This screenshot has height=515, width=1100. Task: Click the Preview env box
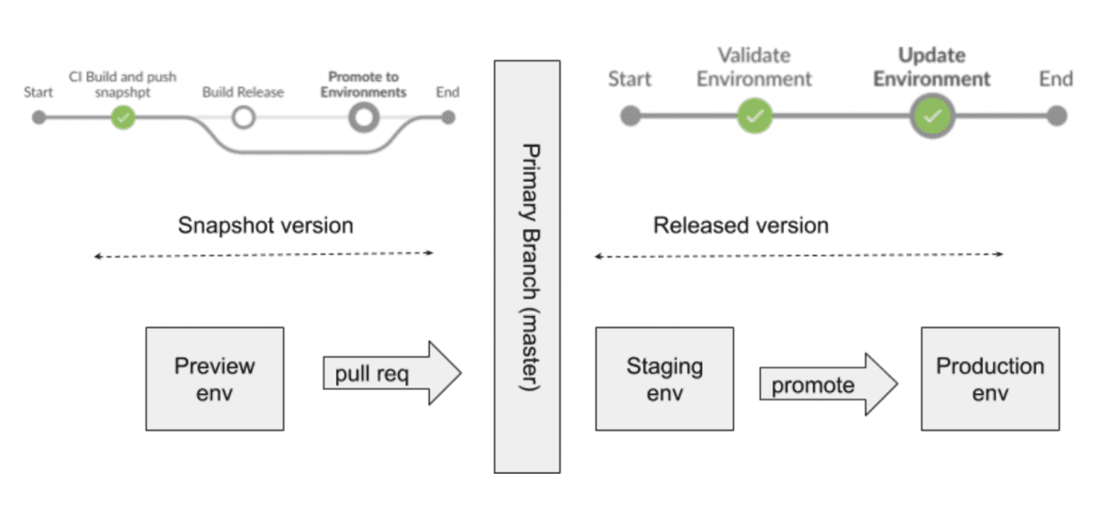tap(214, 378)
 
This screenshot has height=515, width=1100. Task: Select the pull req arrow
tap(390, 374)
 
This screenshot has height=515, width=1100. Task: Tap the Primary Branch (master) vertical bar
tap(526, 266)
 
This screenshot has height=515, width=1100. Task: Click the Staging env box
tap(665, 378)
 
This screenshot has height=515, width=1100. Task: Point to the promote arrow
tap(826, 384)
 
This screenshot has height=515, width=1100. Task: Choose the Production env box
tap(990, 378)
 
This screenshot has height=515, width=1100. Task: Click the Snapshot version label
tap(265, 225)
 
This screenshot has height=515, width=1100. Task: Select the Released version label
tap(741, 225)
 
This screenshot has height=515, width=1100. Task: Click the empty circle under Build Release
tap(243, 117)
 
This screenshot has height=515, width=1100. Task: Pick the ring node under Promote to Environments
tap(364, 117)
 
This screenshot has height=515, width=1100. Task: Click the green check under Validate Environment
tap(754, 116)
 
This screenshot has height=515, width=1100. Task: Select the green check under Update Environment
tap(932, 116)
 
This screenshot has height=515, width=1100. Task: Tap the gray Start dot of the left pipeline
tap(38, 117)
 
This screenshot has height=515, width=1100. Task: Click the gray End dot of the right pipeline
tap(1057, 116)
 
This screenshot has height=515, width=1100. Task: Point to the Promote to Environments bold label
tap(364, 85)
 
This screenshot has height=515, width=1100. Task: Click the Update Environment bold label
tap(931, 67)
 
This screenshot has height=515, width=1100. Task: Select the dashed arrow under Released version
tap(798, 256)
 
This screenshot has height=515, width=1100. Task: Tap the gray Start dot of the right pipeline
tap(630, 116)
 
